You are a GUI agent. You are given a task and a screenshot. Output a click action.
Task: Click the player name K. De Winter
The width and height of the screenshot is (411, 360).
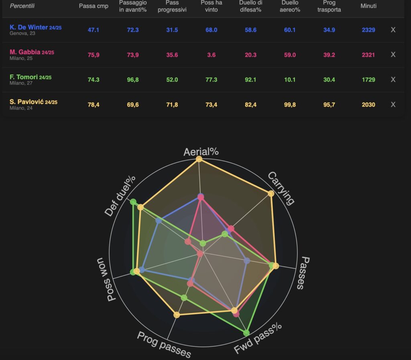point(28,27)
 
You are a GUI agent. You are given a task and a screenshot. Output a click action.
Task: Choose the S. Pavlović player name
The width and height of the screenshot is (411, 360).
point(26,102)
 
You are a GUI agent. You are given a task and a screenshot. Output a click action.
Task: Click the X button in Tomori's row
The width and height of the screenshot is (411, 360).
point(393,79)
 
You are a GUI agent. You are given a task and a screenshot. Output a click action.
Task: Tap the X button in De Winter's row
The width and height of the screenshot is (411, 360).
point(393,30)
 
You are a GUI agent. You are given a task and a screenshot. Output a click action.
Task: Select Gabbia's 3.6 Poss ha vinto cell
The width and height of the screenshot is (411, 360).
point(212,55)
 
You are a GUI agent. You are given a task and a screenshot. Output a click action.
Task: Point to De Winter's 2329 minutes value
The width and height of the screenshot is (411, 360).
point(368,30)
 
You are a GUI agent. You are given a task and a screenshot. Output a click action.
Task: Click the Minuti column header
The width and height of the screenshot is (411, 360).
point(368,6)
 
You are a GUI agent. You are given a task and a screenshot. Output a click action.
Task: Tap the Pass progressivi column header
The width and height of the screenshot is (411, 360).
point(172,6)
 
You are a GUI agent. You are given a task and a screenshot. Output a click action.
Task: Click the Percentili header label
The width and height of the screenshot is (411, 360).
point(22,6)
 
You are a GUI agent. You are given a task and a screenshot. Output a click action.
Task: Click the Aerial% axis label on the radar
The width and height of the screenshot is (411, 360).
point(201,152)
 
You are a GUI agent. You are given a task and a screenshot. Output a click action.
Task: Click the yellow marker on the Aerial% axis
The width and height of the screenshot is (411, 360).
point(199,159)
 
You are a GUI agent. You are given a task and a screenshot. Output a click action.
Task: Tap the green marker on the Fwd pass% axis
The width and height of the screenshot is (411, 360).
point(246,333)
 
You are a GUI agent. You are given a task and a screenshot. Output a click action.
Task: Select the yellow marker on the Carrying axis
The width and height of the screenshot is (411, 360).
point(271,193)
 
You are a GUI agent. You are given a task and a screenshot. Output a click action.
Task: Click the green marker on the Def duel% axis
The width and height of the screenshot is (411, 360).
point(133,202)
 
